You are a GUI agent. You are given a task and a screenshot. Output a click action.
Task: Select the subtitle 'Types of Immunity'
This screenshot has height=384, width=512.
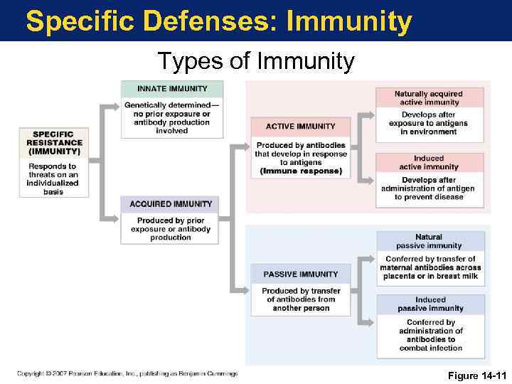(x=255, y=62)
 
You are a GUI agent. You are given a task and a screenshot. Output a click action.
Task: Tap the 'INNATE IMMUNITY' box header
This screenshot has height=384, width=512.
(x=172, y=89)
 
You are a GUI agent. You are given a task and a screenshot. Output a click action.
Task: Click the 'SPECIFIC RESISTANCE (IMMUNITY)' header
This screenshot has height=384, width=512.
(x=54, y=143)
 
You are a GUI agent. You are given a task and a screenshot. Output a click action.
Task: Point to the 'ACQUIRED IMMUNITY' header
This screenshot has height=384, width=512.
(x=171, y=204)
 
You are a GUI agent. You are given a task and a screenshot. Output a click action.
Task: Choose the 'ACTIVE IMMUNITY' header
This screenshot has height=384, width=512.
(x=300, y=127)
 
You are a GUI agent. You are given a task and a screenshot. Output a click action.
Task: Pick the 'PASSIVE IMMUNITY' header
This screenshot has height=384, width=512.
(x=300, y=274)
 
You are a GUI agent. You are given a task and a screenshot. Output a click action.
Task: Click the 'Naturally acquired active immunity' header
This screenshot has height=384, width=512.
(x=429, y=98)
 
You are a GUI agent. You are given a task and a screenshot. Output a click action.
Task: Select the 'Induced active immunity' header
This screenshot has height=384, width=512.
(x=429, y=163)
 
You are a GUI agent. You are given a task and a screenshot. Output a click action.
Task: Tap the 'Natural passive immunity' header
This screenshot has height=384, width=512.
(x=429, y=241)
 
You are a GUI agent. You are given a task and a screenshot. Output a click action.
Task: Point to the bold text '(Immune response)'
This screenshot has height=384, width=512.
(x=301, y=171)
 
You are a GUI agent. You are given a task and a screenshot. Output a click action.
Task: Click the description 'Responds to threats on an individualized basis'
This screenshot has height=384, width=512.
(x=53, y=179)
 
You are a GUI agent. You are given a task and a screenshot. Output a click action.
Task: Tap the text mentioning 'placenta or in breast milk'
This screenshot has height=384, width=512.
(x=430, y=276)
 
